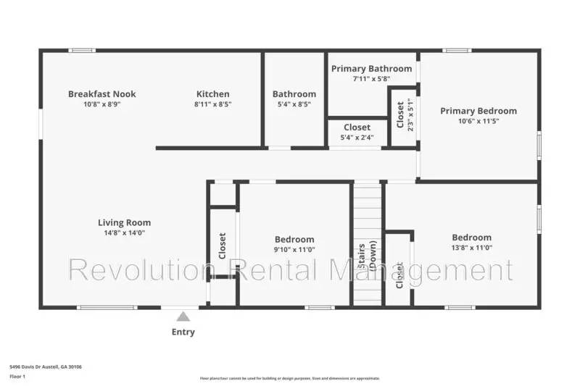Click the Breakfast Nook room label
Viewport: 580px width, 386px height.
tap(101, 94)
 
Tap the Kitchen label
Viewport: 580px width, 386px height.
tap(212, 94)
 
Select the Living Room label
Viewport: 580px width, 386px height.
tap(124, 223)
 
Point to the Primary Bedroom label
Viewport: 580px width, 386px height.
tap(478, 111)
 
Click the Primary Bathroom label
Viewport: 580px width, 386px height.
tap(371, 69)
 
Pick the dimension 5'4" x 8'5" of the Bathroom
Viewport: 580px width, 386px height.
tap(294, 104)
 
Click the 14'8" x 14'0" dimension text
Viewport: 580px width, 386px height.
tap(124, 233)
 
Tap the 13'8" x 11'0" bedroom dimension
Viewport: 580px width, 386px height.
tap(471, 248)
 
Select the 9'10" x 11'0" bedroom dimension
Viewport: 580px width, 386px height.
tap(294, 250)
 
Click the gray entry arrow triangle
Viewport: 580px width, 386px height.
tap(183, 316)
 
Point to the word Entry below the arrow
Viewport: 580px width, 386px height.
tap(183, 332)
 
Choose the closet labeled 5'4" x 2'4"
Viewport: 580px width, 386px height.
tap(357, 138)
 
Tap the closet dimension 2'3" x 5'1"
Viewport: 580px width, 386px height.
tap(411, 114)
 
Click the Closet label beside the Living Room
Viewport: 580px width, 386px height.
tap(223, 246)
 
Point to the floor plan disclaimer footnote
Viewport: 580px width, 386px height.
tap(289, 378)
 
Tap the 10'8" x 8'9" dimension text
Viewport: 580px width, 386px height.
tap(101, 104)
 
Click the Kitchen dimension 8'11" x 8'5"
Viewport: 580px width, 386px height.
tap(212, 104)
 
